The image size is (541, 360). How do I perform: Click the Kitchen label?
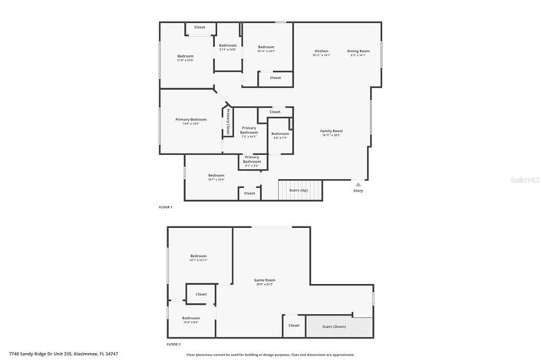click(x=321, y=51)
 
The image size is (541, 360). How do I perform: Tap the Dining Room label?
click(x=358, y=51)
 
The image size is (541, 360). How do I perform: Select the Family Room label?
click(x=332, y=131)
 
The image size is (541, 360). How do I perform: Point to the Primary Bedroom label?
click(x=191, y=120)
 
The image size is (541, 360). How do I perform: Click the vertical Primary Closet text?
click(x=228, y=121)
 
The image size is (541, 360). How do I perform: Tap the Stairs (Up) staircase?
click(x=300, y=191)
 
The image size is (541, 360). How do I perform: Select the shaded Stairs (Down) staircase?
click(x=339, y=326)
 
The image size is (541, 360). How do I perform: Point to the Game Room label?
click(x=265, y=281)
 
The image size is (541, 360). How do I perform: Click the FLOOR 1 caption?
click(x=166, y=207)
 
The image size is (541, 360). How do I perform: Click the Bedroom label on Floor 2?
click(x=199, y=256)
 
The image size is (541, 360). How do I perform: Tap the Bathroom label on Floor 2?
click(x=191, y=319)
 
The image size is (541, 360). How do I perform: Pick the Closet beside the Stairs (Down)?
click(x=294, y=325)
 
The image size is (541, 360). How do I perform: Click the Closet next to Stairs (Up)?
click(x=249, y=193)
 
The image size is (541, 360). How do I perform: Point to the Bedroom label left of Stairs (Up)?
click(x=216, y=176)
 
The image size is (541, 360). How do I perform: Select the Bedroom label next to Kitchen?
click(x=266, y=48)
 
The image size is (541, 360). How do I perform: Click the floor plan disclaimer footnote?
click(x=270, y=355)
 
